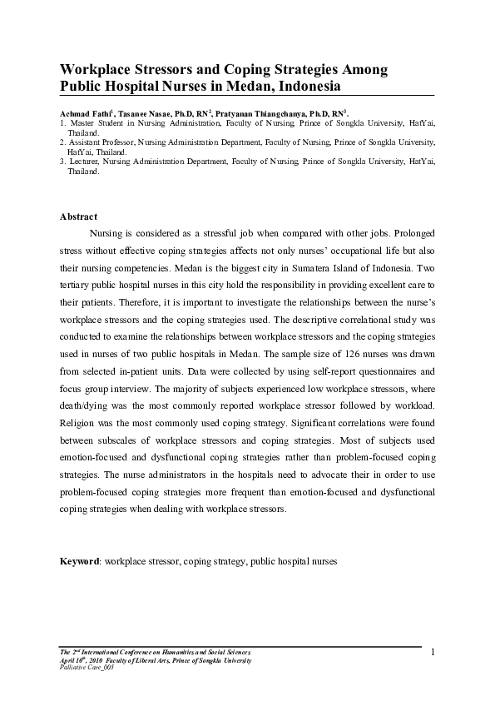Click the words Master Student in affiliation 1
[x=95, y=123]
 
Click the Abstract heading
[x=78, y=216]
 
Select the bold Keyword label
[x=79, y=562]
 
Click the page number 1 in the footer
[x=433, y=651]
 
